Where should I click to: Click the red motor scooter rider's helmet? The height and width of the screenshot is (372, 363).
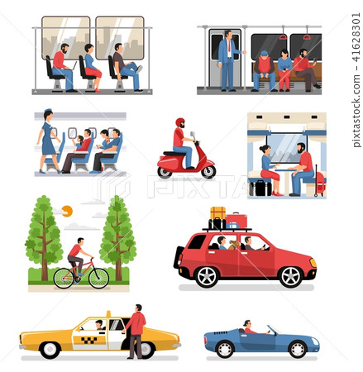tap(179, 122)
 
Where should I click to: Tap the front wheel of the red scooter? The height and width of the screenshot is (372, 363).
tap(208, 171)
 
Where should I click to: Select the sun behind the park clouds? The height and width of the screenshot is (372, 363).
tap(67, 211)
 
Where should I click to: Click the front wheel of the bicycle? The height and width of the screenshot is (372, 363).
tap(98, 278)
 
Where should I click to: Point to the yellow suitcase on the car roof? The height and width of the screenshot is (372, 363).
tap(217, 213)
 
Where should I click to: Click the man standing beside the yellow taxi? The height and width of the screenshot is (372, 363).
tap(135, 330)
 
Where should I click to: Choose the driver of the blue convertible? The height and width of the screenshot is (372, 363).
tap(246, 327)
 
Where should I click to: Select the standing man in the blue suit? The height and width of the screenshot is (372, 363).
tap(227, 59)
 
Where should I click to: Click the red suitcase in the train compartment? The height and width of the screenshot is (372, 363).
tap(319, 182)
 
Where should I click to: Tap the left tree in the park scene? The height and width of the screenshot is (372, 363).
tap(44, 236)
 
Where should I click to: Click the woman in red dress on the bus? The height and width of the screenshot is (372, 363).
tap(90, 65)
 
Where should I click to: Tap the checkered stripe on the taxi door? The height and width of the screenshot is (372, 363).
tap(88, 339)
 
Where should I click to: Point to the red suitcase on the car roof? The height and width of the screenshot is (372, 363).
tap(236, 220)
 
